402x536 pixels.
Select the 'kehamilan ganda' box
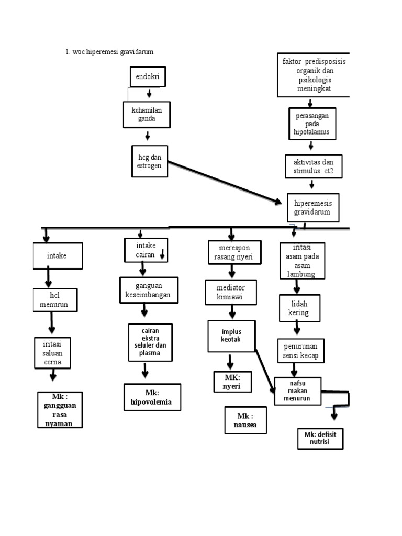[x=147, y=115]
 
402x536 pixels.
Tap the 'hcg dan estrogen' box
[x=149, y=161]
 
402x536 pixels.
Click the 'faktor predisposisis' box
[x=314, y=75]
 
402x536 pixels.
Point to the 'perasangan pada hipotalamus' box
[x=312, y=124]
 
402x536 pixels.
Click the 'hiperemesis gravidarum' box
[x=312, y=207]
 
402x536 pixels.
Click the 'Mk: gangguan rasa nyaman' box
[x=59, y=409]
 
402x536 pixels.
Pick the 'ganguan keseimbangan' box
[x=149, y=290]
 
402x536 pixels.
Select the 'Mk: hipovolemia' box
[x=152, y=397]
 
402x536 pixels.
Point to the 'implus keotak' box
[x=231, y=336]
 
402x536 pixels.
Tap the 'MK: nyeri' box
[x=232, y=382]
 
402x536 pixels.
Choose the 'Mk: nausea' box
[x=244, y=420]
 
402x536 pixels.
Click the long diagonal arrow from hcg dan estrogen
[x=225, y=182]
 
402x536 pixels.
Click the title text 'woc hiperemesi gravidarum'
[x=109, y=51]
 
